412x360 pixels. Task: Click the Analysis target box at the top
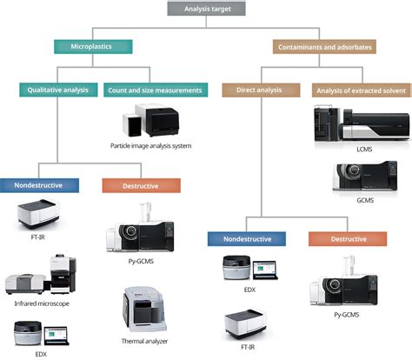pos(205,9)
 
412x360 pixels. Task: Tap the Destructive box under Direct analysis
pos(335,237)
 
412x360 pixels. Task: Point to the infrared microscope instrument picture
pos(43,277)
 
